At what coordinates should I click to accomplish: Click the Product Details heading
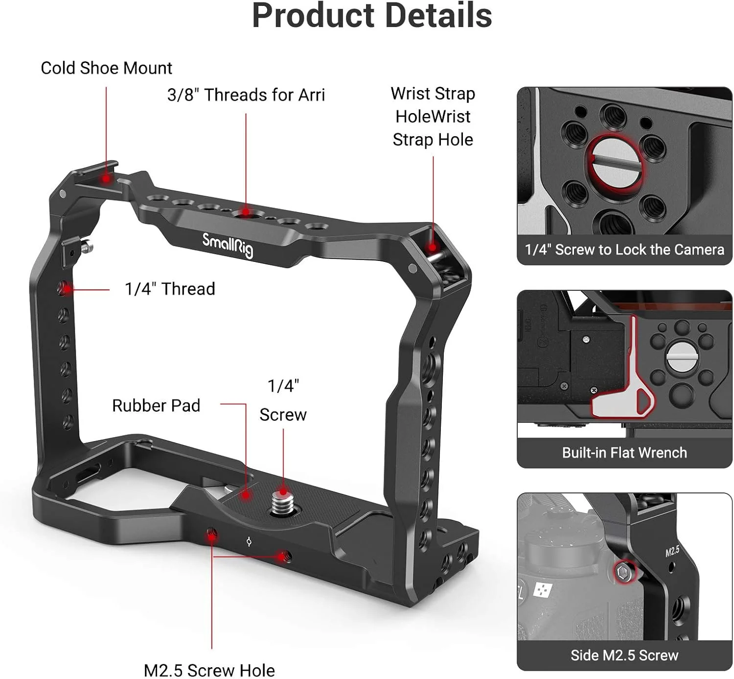tap(371, 16)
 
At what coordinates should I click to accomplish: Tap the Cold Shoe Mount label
tap(106, 68)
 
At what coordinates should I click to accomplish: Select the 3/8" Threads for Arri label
tap(246, 95)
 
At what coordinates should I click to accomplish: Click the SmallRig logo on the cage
tap(228, 245)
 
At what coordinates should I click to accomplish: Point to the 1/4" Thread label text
tap(169, 289)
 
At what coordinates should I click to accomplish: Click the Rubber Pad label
tap(156, 405)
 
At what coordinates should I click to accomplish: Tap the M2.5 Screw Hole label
tap(209, 670)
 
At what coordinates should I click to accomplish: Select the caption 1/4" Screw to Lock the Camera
tap(624, 250)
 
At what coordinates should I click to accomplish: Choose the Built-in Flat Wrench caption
tap(624, 452)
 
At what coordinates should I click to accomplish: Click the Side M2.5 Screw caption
tap(624, 655)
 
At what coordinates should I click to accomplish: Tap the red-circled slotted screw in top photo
tap(616, 162)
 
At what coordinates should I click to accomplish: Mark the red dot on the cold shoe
tap(106, 179)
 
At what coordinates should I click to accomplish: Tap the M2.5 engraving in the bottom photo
tap(672, 551)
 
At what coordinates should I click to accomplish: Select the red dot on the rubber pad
tap(246, 495)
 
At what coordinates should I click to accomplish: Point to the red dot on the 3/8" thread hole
tap(246, 214)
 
